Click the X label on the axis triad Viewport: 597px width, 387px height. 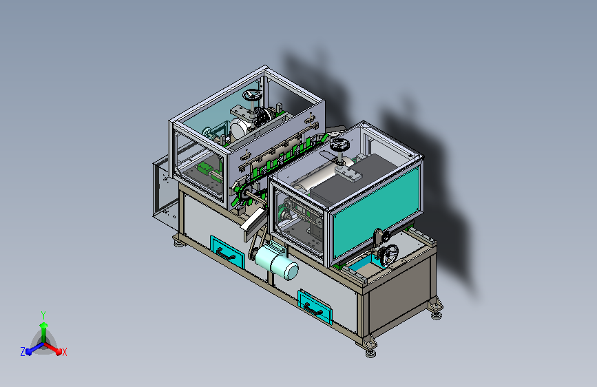[x=64, y=353]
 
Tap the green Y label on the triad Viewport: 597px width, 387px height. [x=43, y=315]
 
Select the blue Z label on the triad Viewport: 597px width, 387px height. [x=23, y=352]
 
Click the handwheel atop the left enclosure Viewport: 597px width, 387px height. [x=251, y=95]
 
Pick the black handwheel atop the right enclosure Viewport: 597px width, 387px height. [x=340, y=144]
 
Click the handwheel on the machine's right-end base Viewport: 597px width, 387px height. [x=389, y=255]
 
